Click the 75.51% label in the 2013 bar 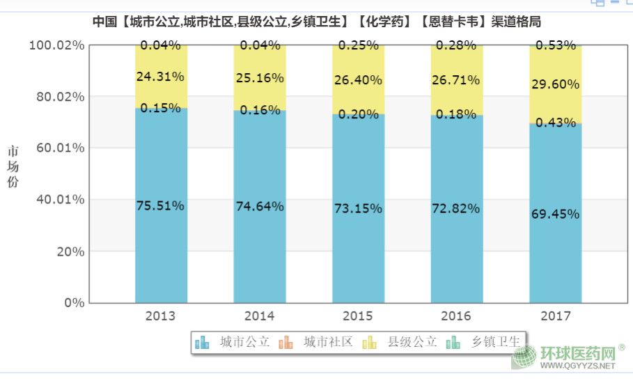point(160,205)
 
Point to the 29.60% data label point(554,84)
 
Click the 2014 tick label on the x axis point(259,316)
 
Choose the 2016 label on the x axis point(456,316)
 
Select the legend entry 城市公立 point(233,342)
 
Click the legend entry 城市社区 point(317,342)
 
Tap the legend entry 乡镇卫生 point(485,342)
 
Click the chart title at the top point(317,22)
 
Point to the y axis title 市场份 point(13,167)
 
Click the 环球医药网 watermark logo point(565,357)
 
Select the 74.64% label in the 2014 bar point(259,206)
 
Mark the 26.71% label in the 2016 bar point(455,80)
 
